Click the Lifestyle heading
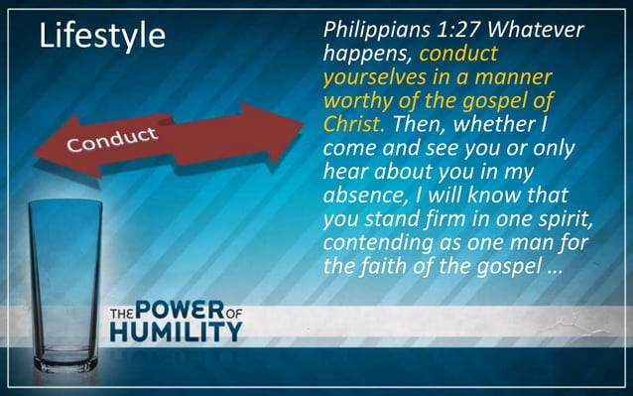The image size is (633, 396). (x=101, y=36)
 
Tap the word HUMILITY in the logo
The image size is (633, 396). (x=176, y=330)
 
